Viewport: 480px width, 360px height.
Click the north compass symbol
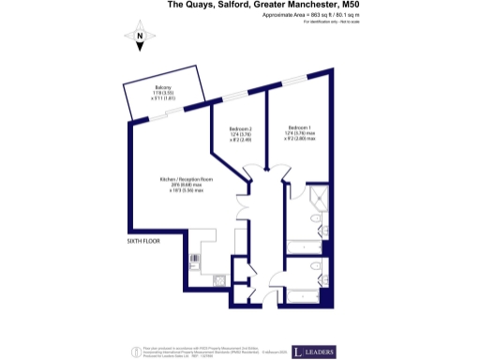139,39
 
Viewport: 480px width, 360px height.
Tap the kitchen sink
219,277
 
